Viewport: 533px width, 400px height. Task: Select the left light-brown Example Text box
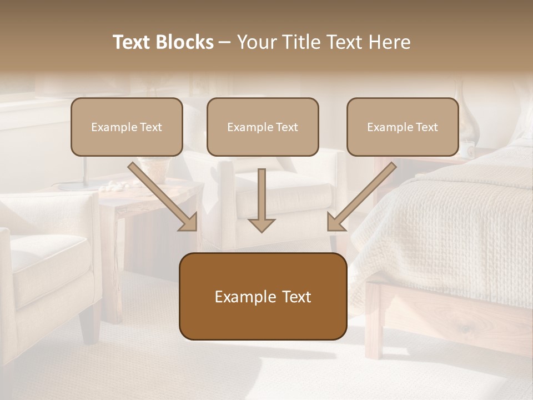pos(127,127)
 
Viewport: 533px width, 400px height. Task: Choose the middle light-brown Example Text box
pos(263,127)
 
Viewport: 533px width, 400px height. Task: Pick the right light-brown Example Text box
pos(403,127)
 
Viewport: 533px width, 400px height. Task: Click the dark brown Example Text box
pos(263,297)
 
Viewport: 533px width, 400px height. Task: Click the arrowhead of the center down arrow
pos(262,225)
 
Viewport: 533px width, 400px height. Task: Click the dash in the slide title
pos(225,42)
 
